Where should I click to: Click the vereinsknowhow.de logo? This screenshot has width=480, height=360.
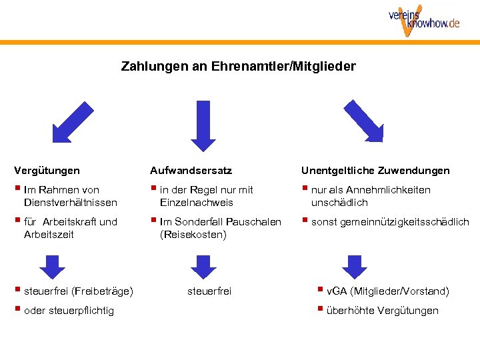click(424, 20)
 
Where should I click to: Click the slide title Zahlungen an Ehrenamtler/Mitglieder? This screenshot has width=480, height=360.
click(239, 67)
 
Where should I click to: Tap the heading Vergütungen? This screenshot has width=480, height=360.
click(47, 171)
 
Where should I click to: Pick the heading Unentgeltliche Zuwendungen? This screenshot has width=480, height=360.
click(375, 171)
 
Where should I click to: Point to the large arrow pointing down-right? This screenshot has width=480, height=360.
click(363, 121)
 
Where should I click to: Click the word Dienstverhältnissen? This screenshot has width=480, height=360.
click(70, 202)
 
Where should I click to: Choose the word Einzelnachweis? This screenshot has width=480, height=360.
click(197, 202)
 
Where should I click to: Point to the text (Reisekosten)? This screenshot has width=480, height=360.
click(193, 234)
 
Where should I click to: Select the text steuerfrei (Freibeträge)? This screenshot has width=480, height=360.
click(78, 291)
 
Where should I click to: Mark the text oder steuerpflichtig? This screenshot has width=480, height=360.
click(69, 310)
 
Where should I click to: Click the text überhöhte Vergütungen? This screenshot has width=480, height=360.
click(382, 310)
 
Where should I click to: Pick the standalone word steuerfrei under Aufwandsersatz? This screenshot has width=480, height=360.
click(209, 291)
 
